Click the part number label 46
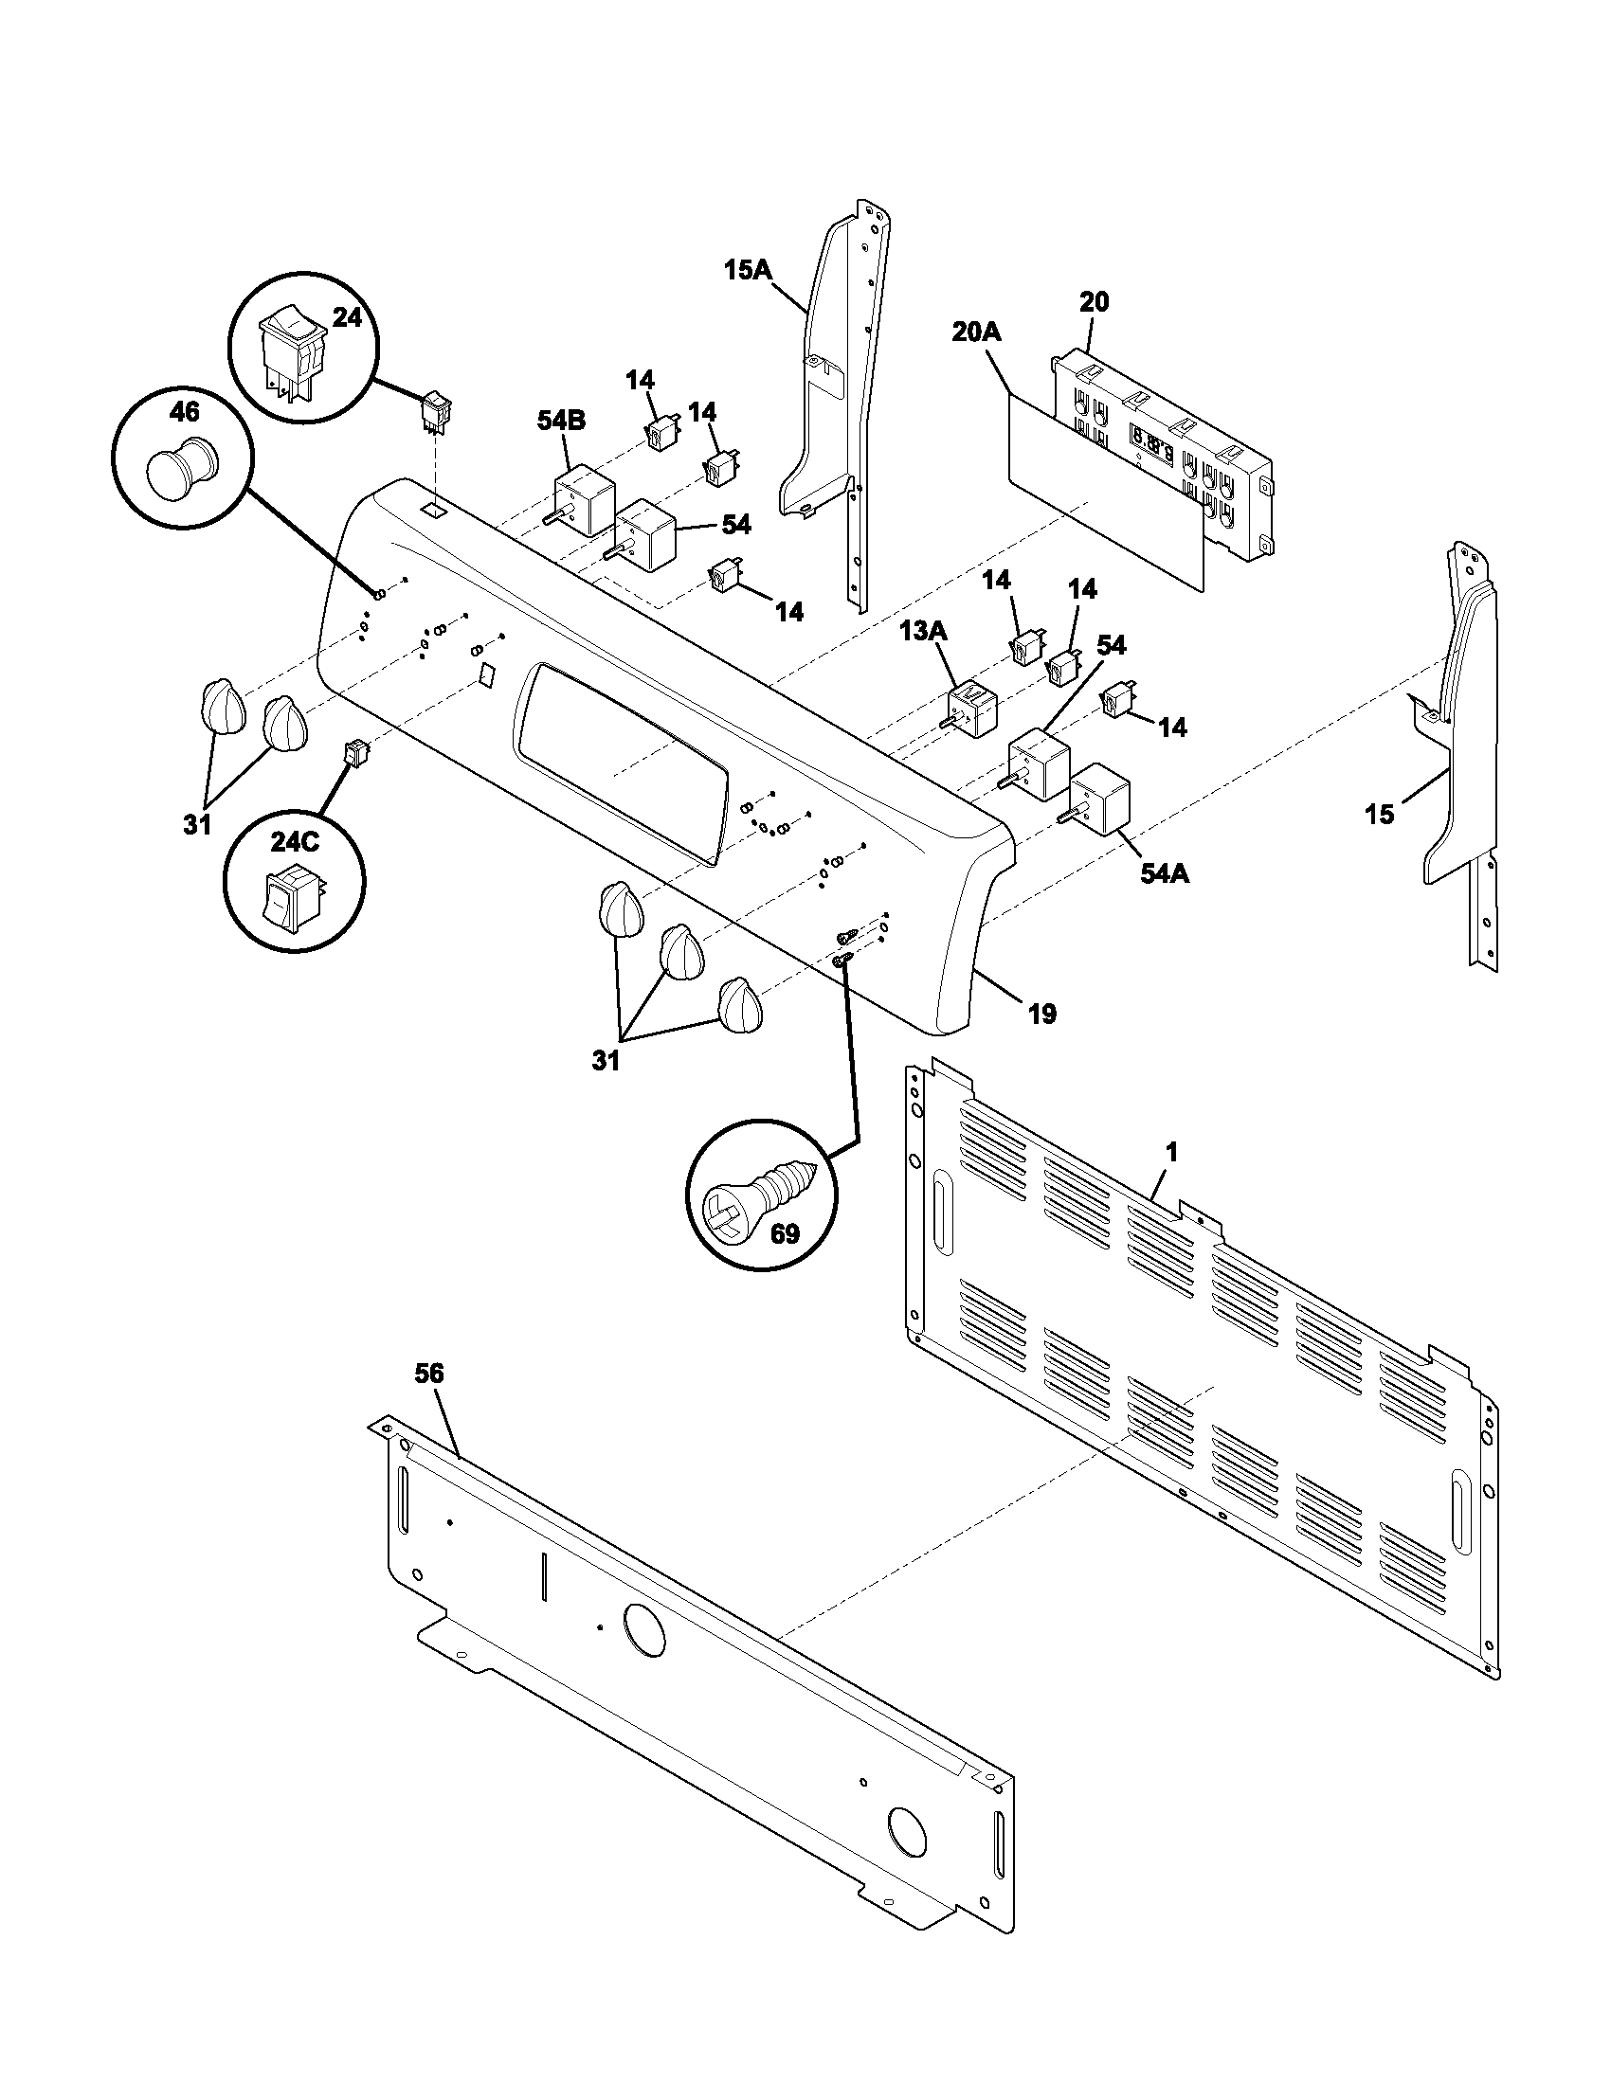tap(184, 411)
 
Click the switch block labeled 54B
tap(577, 500)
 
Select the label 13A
tap(923, 631)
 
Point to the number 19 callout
tap(1042, 1014)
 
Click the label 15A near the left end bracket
tap(747, 270)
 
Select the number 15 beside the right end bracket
tap(1378, 815)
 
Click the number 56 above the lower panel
tap(429, 1374)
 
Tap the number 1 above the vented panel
tap(1172, 1153)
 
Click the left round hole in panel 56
tap(643, 1627)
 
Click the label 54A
tap(1166, 872)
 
